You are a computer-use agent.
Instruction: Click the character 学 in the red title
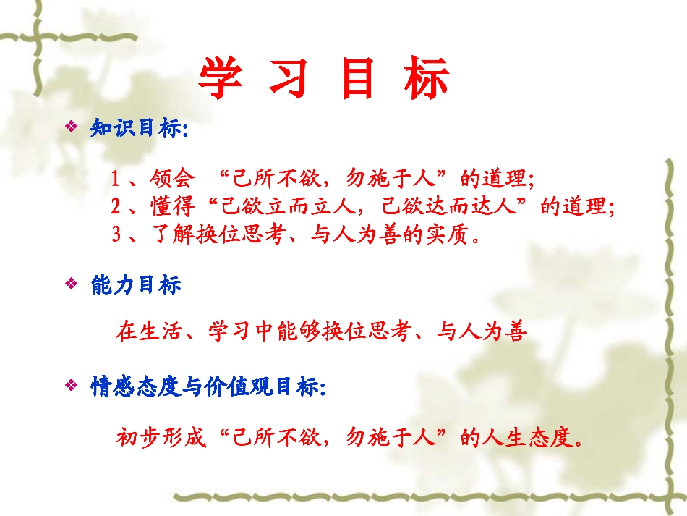pos(220,77)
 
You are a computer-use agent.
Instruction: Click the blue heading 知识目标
pos(137,129)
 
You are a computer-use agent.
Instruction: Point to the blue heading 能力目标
pos(135,285)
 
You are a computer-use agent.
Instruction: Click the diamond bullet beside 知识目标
pos(71,128)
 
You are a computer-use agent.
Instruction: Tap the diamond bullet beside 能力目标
pos(71,284)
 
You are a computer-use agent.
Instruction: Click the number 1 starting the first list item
pos(116,178)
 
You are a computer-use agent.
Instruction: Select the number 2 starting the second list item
pos(116,206)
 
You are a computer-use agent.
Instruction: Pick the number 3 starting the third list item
pos(116,234)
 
